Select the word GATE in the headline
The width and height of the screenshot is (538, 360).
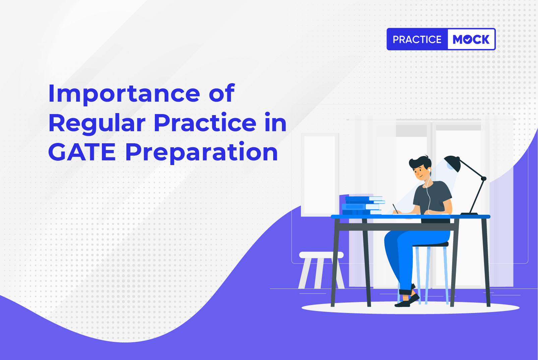(x=82, y=152)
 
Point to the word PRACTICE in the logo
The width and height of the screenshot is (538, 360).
(x=417, y=40)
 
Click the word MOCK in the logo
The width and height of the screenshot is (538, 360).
(x=471, y=40)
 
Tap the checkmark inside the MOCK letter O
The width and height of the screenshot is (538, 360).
(x=468, y=40)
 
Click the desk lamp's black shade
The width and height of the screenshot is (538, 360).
(x=452, y=164)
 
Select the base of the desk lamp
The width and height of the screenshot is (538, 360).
(x=469, y=214)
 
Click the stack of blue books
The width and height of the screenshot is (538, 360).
(x=363, y=205)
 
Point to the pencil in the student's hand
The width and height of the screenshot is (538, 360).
(x=395, y=208)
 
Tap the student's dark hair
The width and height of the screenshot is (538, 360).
(x=420, y=163)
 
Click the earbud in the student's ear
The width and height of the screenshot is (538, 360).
(x=429, y=170)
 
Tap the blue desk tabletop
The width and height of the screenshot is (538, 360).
(x=411, y=216)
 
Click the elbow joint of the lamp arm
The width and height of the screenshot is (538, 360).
(x=483, y=178)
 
